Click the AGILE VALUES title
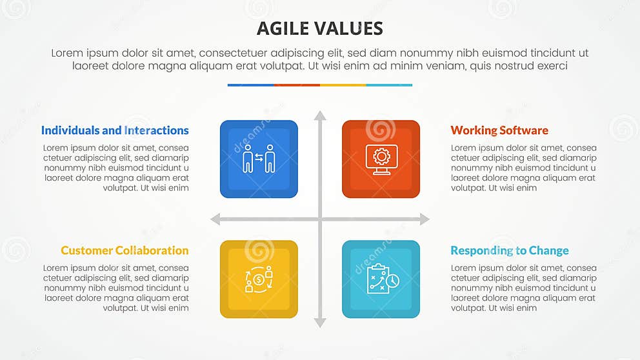click(319, 28)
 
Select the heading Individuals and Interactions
click(115, 130)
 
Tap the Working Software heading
click(499, 130)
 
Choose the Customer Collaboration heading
click(125, 250)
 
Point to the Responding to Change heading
click(509, 250)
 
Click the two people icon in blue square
click(258, 159)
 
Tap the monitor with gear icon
click(381, 159)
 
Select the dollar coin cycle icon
click(258, 279)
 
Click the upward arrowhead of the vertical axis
click(320, 116)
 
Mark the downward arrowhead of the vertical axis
click(320, 322)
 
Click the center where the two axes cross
click(320, 219)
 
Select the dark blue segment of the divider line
click(250, 85)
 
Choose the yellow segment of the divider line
click(343, 85)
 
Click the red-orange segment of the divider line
click(297, 85)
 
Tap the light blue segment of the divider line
click(389, 85)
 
